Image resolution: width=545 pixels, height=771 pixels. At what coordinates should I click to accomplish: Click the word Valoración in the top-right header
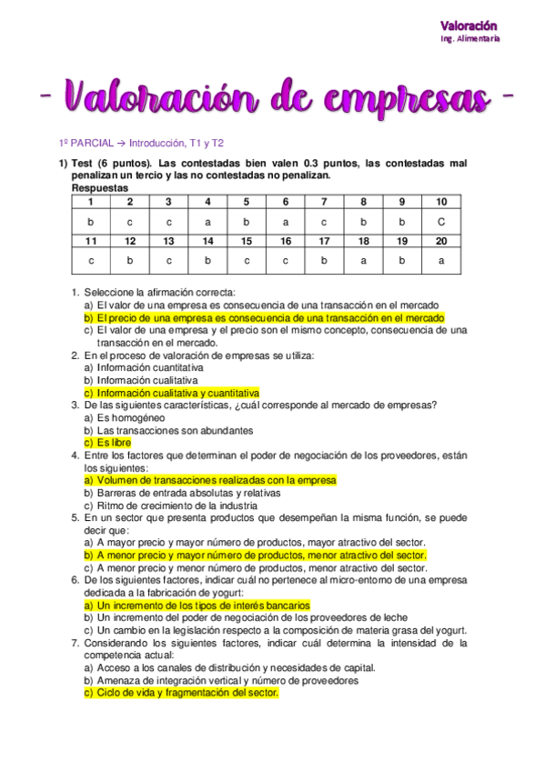(x=469, y=25)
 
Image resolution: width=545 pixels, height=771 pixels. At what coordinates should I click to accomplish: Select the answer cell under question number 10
(x=441, y=221)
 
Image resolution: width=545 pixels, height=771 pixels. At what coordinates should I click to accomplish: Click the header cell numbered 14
(x=207, y=240)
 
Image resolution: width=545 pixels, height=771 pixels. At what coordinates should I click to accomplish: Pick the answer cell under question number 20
(x=441, y=260)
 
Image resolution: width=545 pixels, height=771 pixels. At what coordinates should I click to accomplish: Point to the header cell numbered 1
(x=91, y=202)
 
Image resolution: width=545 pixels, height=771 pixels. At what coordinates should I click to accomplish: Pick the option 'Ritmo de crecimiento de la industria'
(x=170, y=506)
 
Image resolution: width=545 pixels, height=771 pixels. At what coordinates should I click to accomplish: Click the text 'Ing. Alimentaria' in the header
(x=469, y=39)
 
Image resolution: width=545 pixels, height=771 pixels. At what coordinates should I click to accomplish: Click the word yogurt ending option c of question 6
(x=449, y=630)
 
